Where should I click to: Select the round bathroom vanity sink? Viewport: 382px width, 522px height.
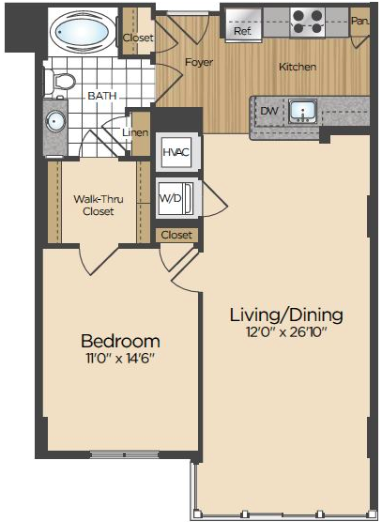(55, 121)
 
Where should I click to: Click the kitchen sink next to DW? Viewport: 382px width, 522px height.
(302, 111)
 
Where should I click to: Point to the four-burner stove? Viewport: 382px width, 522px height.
(308, 23)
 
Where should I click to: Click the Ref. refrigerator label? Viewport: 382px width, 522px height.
(242, 31)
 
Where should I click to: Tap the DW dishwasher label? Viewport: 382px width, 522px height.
(268, 111)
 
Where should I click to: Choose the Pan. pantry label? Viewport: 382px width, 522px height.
(360, 21)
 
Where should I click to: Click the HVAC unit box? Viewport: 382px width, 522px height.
(176, 152)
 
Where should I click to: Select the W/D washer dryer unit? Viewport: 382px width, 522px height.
(176, 199)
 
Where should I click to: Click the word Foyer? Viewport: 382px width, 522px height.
(199, 62)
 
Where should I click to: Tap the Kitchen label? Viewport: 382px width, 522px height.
(298, 67)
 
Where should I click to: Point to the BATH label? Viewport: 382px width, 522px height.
(102, 96)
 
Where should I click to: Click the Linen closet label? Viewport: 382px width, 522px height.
(135, 132)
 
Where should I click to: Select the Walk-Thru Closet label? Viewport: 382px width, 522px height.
(99, 205)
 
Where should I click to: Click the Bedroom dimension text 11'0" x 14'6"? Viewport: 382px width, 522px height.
(120, 359)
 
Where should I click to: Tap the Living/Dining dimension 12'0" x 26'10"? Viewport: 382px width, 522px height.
(286, 332)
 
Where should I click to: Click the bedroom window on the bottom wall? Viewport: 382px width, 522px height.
(125, 454)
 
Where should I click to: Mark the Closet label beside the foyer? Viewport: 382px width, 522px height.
(138, 38)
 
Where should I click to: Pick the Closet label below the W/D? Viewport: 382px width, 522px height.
(176, 235)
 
